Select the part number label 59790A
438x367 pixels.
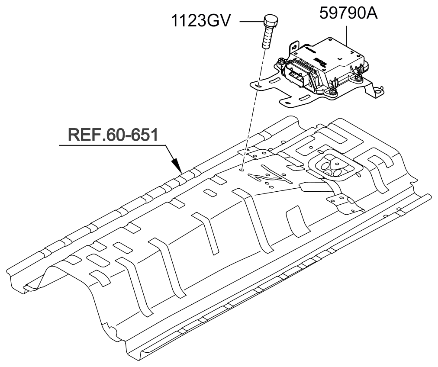point(348,13)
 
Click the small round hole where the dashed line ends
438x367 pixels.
point(243,170)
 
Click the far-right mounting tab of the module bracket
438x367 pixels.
point(378,91)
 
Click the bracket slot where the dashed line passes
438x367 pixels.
point(258,86)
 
